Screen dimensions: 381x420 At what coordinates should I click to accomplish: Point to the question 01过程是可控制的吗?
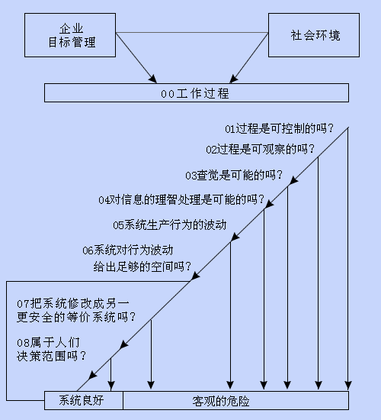[280, 129]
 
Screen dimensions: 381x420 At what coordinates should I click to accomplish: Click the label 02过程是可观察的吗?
[260, 149]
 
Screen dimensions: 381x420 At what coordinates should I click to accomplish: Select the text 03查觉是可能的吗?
[234, 175]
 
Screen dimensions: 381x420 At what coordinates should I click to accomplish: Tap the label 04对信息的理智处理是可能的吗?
[181, 199]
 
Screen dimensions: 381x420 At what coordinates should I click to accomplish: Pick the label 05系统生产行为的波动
[169, 225]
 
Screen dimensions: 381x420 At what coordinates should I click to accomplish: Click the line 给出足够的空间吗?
[142, 267]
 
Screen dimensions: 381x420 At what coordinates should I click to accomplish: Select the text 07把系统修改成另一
[73, 304]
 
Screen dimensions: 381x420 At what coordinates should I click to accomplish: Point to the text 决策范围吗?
[51, 356]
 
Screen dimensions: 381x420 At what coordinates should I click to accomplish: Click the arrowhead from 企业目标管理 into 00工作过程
[153, 79]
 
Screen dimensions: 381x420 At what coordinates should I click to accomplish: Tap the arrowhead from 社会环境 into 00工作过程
[233, 79]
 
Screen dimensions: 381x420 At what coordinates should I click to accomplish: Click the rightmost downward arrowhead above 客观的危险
[347, 386]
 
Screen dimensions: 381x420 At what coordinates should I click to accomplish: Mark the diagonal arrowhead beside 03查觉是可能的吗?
[293, 180]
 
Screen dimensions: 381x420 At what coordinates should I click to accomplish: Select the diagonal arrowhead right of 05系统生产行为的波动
[235, 237]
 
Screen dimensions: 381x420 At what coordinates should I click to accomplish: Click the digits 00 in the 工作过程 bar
[168, 94]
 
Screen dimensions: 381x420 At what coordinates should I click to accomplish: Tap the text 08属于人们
[49, 343]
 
